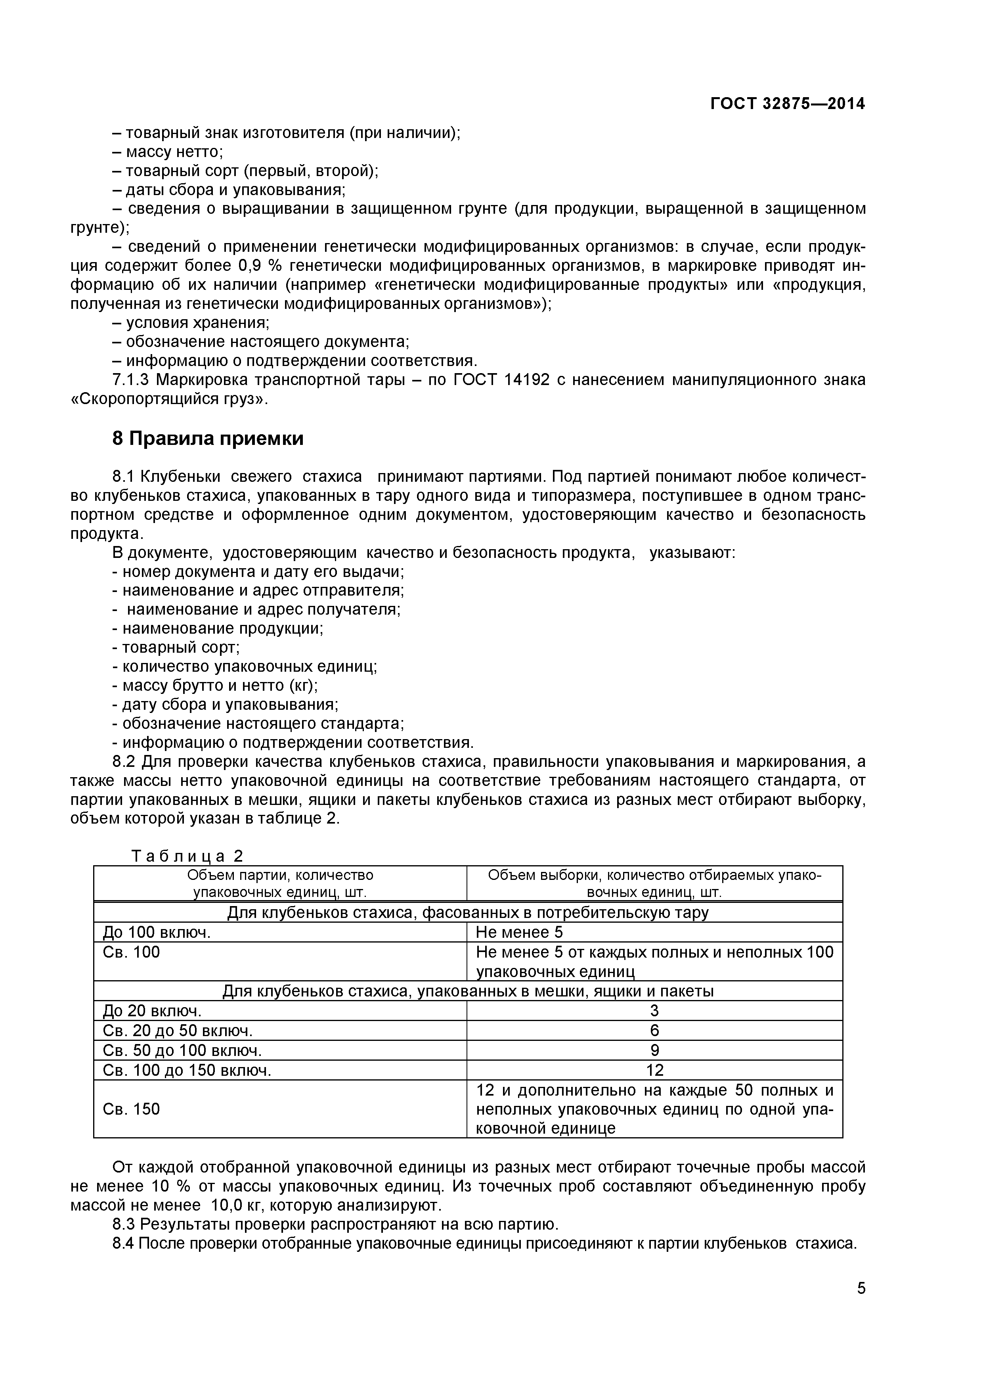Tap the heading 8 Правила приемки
[207, 438]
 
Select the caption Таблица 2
[187, 856]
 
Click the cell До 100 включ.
[157, 932]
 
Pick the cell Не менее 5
[519, 932]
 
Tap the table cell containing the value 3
[654, 1010]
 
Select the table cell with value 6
[654, 1031]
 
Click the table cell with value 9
[654, 1050]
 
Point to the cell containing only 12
[654, 1071]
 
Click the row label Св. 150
[132, 1109]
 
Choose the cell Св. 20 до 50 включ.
[178, 1031]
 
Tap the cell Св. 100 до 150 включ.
[187, 1071]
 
